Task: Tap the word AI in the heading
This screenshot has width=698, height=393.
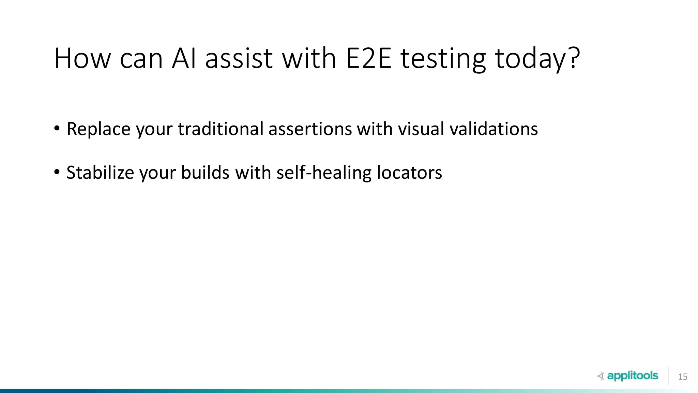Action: click(x=184, y=59)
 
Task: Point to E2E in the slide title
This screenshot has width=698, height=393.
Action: click(x=369, y=59)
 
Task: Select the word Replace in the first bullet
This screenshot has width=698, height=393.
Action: click(x=98, y=129)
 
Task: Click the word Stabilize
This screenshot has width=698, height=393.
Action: click(x=100, y=173)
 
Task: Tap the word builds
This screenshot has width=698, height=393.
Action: click(x=205, y=173)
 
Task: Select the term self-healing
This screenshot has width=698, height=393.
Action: click(x=324, y=173)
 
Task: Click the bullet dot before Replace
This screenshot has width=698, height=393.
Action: click(x=57, y=129)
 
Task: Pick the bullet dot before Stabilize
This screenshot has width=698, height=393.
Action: click(x=57, y=172)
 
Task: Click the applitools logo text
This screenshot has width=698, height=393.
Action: click(x=633, y=376)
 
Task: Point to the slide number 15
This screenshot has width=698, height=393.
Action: click(x=683, y=377)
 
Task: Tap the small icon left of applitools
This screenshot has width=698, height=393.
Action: click(x=601, y=376)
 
